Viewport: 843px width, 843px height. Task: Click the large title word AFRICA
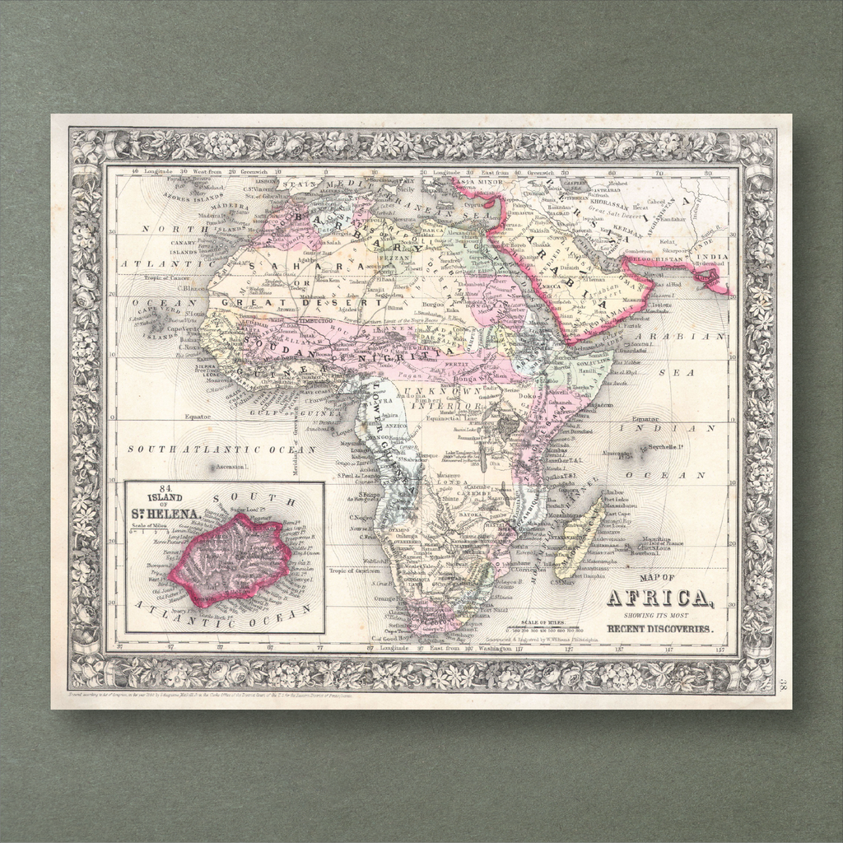pyautogui.click(x=659, y=598)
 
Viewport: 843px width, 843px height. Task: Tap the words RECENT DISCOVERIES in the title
pyautogui.click(x=660, y=630)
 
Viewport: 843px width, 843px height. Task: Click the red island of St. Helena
pyautogui.click(x=232, y=560)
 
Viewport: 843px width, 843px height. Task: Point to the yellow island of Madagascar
pyautogui.click(x=580, y=543)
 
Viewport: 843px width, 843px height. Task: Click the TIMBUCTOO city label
pyautogui.click(x=314, y=319)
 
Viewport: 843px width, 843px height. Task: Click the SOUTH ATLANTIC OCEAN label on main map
pyautogui.click(x=221, y=450)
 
